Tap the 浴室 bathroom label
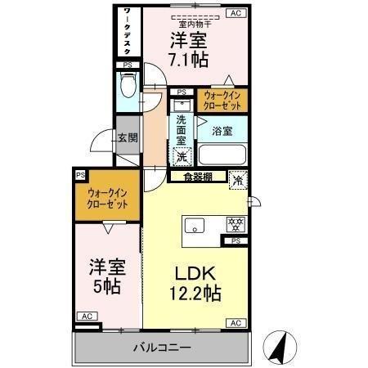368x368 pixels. tap(223, 131)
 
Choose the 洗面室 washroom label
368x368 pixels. tap(182, 129)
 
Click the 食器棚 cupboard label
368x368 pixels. tap(198, 175)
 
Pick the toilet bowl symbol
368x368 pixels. tap(127, 85)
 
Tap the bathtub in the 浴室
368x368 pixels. tap(223, 154)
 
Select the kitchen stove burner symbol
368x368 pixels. tap(236, 222)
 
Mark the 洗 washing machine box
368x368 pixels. tap(183, 155)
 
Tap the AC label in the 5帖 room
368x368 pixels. tap(84, 316)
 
